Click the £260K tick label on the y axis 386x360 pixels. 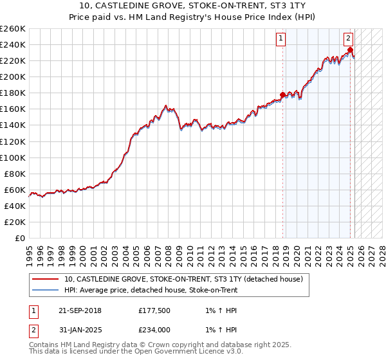[13, 29]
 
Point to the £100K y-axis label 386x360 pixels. [13, 157]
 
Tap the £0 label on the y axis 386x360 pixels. [21, 239]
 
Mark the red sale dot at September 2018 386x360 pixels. [282, 95]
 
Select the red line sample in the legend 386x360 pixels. [46, 279]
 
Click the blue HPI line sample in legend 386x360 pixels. [46, 290]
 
